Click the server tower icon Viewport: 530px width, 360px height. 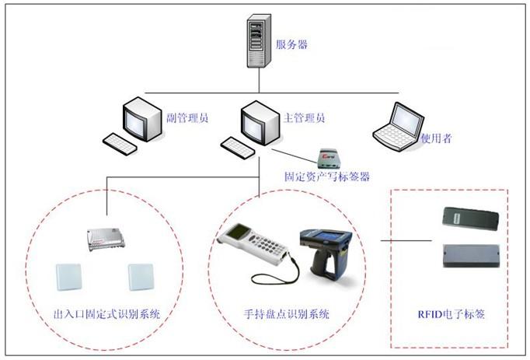click(257, 44)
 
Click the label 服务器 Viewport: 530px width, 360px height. click(292, 44)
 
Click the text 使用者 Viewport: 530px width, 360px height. click(436, 138)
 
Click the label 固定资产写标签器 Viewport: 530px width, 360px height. click(326, 177)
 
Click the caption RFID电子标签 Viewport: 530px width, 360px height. click(452, 315)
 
